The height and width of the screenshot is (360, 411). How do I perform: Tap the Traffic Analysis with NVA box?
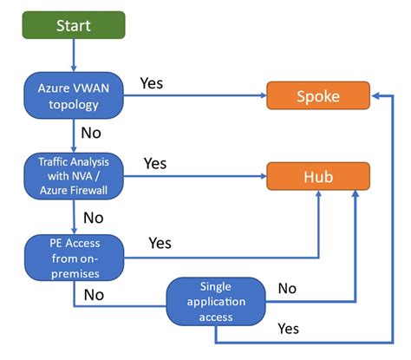(73, 175)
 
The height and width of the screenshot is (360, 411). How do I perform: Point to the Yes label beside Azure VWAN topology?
(153, 84)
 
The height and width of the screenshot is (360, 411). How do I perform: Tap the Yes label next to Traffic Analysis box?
(155, 163)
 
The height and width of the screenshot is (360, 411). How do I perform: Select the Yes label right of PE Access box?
(160, 243)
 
